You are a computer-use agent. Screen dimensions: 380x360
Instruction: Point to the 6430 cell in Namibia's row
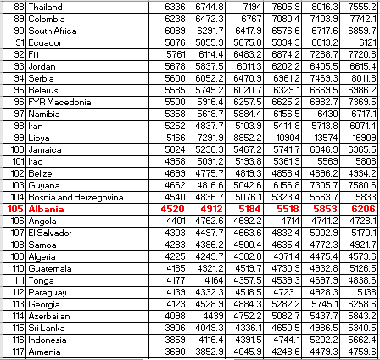pos(327,113)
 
